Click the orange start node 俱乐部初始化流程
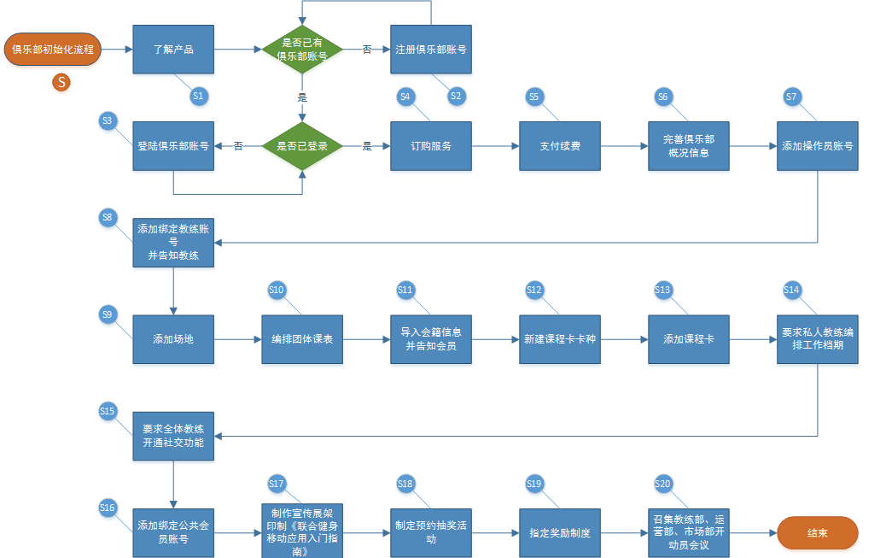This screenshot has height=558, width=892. (53, 50)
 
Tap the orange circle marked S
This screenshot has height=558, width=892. (61, 82)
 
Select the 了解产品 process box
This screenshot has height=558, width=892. (173, 50)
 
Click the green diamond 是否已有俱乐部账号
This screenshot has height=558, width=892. (302, 50)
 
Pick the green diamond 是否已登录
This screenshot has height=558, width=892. (302, 146)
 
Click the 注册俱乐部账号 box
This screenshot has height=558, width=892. (431, 50)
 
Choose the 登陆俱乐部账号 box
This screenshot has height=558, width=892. (173, 146)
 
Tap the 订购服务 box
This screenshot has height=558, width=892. (431, 146)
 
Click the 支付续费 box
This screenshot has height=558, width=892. (560, 146)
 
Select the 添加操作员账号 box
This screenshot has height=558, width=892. (818, 146)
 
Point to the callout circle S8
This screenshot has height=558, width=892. (108, 217)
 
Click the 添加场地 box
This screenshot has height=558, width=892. (173, 339)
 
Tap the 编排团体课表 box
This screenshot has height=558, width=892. (302, 339)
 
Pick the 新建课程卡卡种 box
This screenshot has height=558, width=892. (560, 339)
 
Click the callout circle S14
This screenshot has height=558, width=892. (792, 291)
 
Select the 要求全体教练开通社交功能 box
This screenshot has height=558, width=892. (173, 436)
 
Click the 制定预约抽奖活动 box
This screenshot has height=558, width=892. (431, 532)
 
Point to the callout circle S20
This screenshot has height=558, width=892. (663, 485)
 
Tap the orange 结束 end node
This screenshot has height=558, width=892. (817, 532)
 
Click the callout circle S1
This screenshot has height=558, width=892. (198, 96)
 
